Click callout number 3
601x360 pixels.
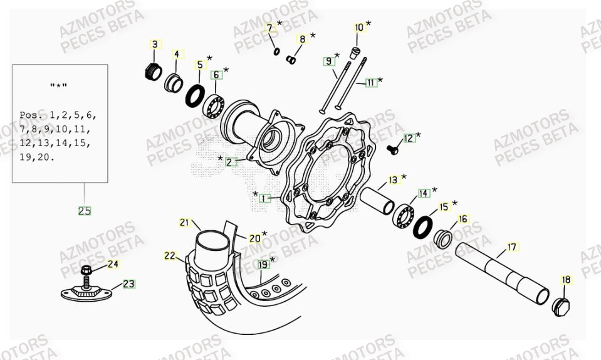[x=154, y=44]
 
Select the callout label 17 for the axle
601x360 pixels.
[x=511, y=247]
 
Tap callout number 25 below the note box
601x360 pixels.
[x=85, y=211]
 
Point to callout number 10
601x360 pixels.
[x=359, y=28]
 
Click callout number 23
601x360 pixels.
[x=128, y=284]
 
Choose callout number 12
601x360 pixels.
[x=409, y=138]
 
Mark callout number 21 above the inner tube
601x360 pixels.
[x=184, y=222]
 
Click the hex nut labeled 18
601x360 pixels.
[x=562, y=306]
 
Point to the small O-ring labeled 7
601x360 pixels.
[x=276, y=50]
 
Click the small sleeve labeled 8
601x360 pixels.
[x=291, y=60]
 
